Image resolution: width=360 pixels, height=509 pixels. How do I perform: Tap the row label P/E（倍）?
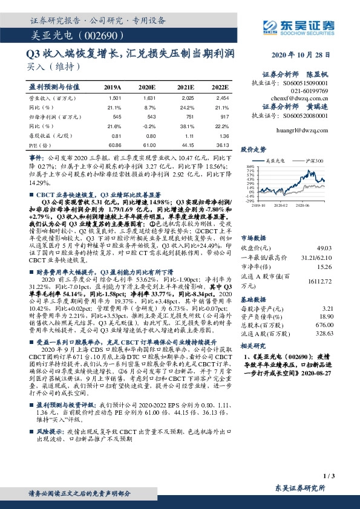pos(40,146)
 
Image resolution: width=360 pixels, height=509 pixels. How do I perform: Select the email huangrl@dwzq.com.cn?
pos(309,130)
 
